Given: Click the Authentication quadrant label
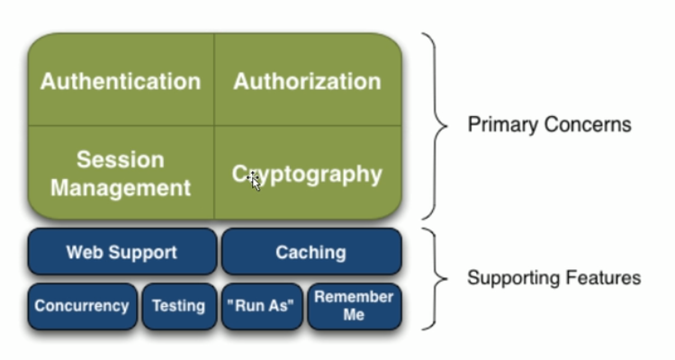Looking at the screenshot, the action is click(121, 81).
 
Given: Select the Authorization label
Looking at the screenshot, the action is click(308, 81).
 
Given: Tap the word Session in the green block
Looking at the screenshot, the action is click(121, 160).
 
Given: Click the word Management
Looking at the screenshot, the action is click(121, 188).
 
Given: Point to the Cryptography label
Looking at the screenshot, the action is click(307, 175).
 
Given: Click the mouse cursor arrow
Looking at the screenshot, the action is click(255, 182).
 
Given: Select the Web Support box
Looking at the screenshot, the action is click(122, 252).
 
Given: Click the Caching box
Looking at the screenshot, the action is click(311, 252).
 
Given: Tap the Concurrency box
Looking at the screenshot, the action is click(82, 306).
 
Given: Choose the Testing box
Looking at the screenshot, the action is click(179, 306).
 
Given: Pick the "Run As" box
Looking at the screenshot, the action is click(262, 306).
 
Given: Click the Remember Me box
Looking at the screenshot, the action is click(355, 306).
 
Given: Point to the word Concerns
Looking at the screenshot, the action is click(588, 125).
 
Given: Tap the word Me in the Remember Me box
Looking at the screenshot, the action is click(354, 315).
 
